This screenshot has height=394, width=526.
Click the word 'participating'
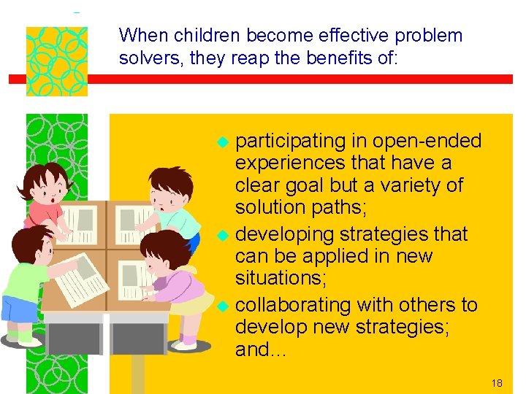click(290, 141)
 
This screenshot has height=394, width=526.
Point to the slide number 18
click(498, 382)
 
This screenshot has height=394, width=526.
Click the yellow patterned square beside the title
click(57, 61)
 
